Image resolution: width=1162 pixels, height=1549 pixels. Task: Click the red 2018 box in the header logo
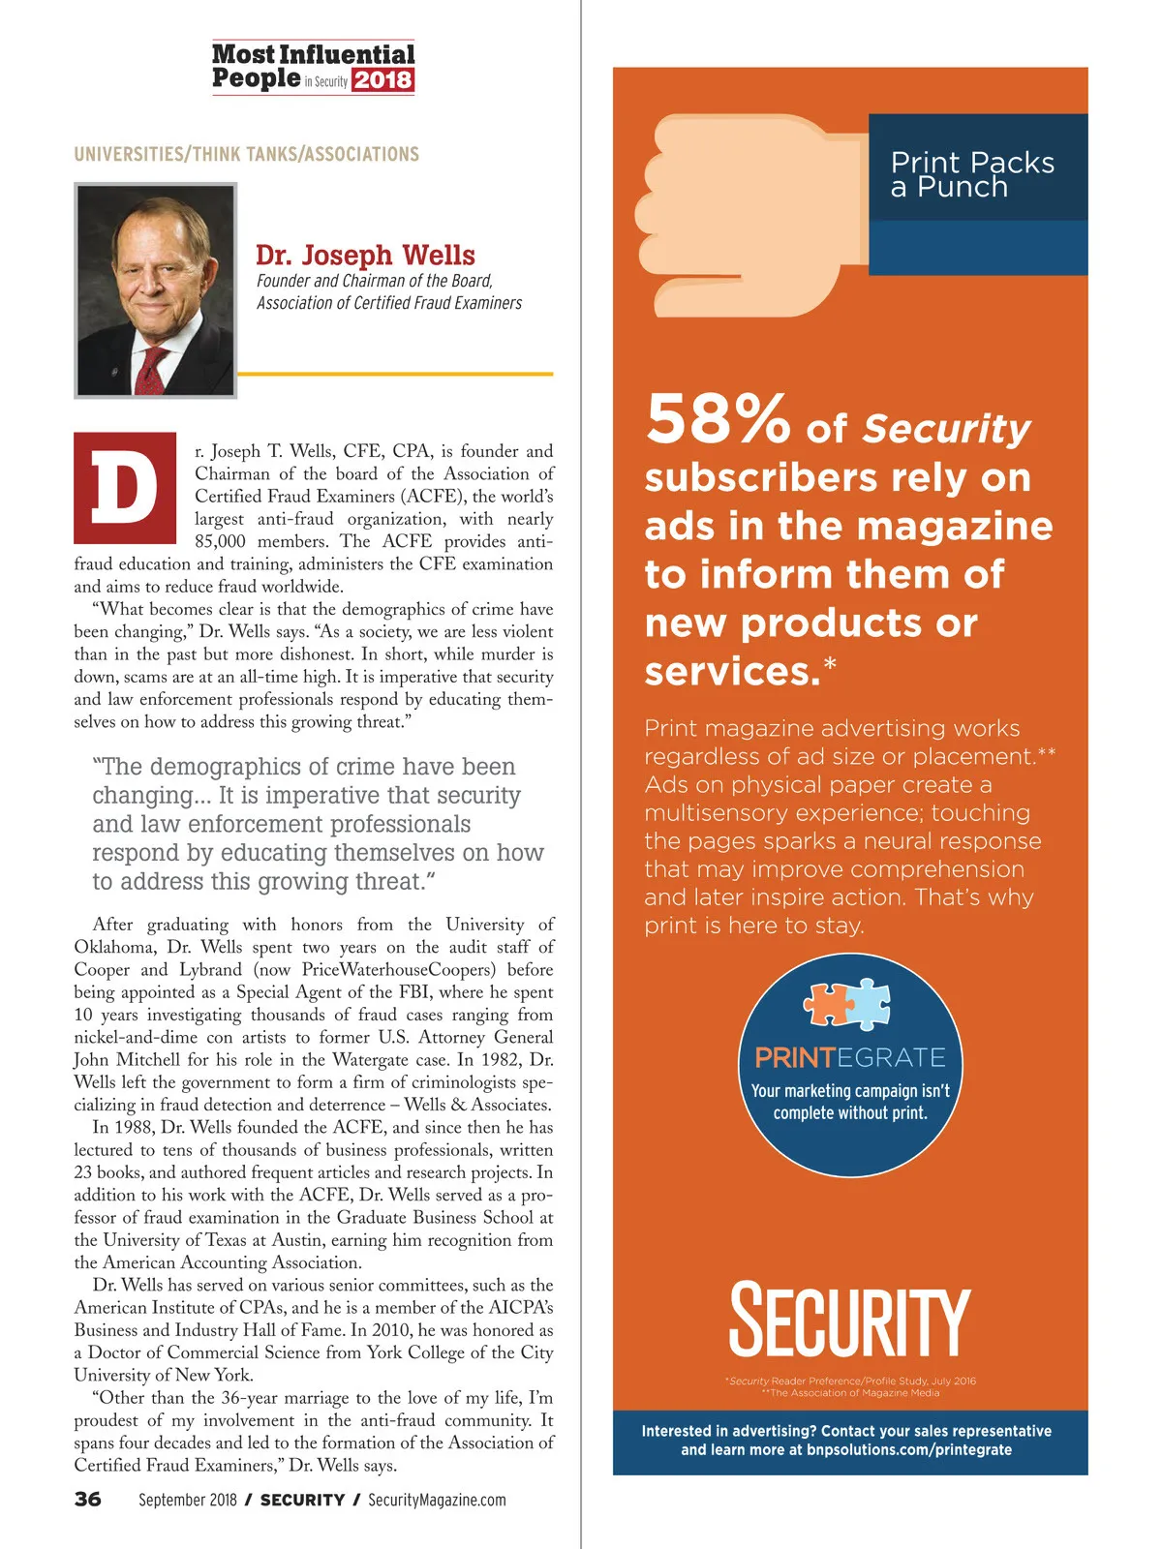click(382, 80)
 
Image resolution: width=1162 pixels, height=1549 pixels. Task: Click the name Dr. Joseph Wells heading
click(365, 255)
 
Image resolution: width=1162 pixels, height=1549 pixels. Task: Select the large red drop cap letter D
click(125, 488)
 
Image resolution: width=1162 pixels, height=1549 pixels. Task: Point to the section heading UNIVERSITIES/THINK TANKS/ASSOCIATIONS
click(246, 154)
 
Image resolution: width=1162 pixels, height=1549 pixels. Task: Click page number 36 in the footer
click(88, 1500)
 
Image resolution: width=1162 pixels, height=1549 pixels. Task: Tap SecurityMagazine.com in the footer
click(437, 1500)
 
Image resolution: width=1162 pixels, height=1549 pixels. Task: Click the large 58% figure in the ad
click(718, 420)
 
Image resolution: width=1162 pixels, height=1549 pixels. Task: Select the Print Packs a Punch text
click(971, 174)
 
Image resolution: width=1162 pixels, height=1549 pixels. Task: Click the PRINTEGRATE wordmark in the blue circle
click(850, 1057)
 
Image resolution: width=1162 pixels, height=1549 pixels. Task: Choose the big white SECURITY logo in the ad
click(849, 1321)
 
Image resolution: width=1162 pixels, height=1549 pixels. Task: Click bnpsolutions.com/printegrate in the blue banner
click(908, 1449)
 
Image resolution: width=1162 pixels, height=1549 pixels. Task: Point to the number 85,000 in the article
click(220, 541)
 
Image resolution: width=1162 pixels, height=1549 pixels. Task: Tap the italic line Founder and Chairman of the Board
click(375, 281)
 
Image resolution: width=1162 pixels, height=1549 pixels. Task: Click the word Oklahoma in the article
click(114, 947)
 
